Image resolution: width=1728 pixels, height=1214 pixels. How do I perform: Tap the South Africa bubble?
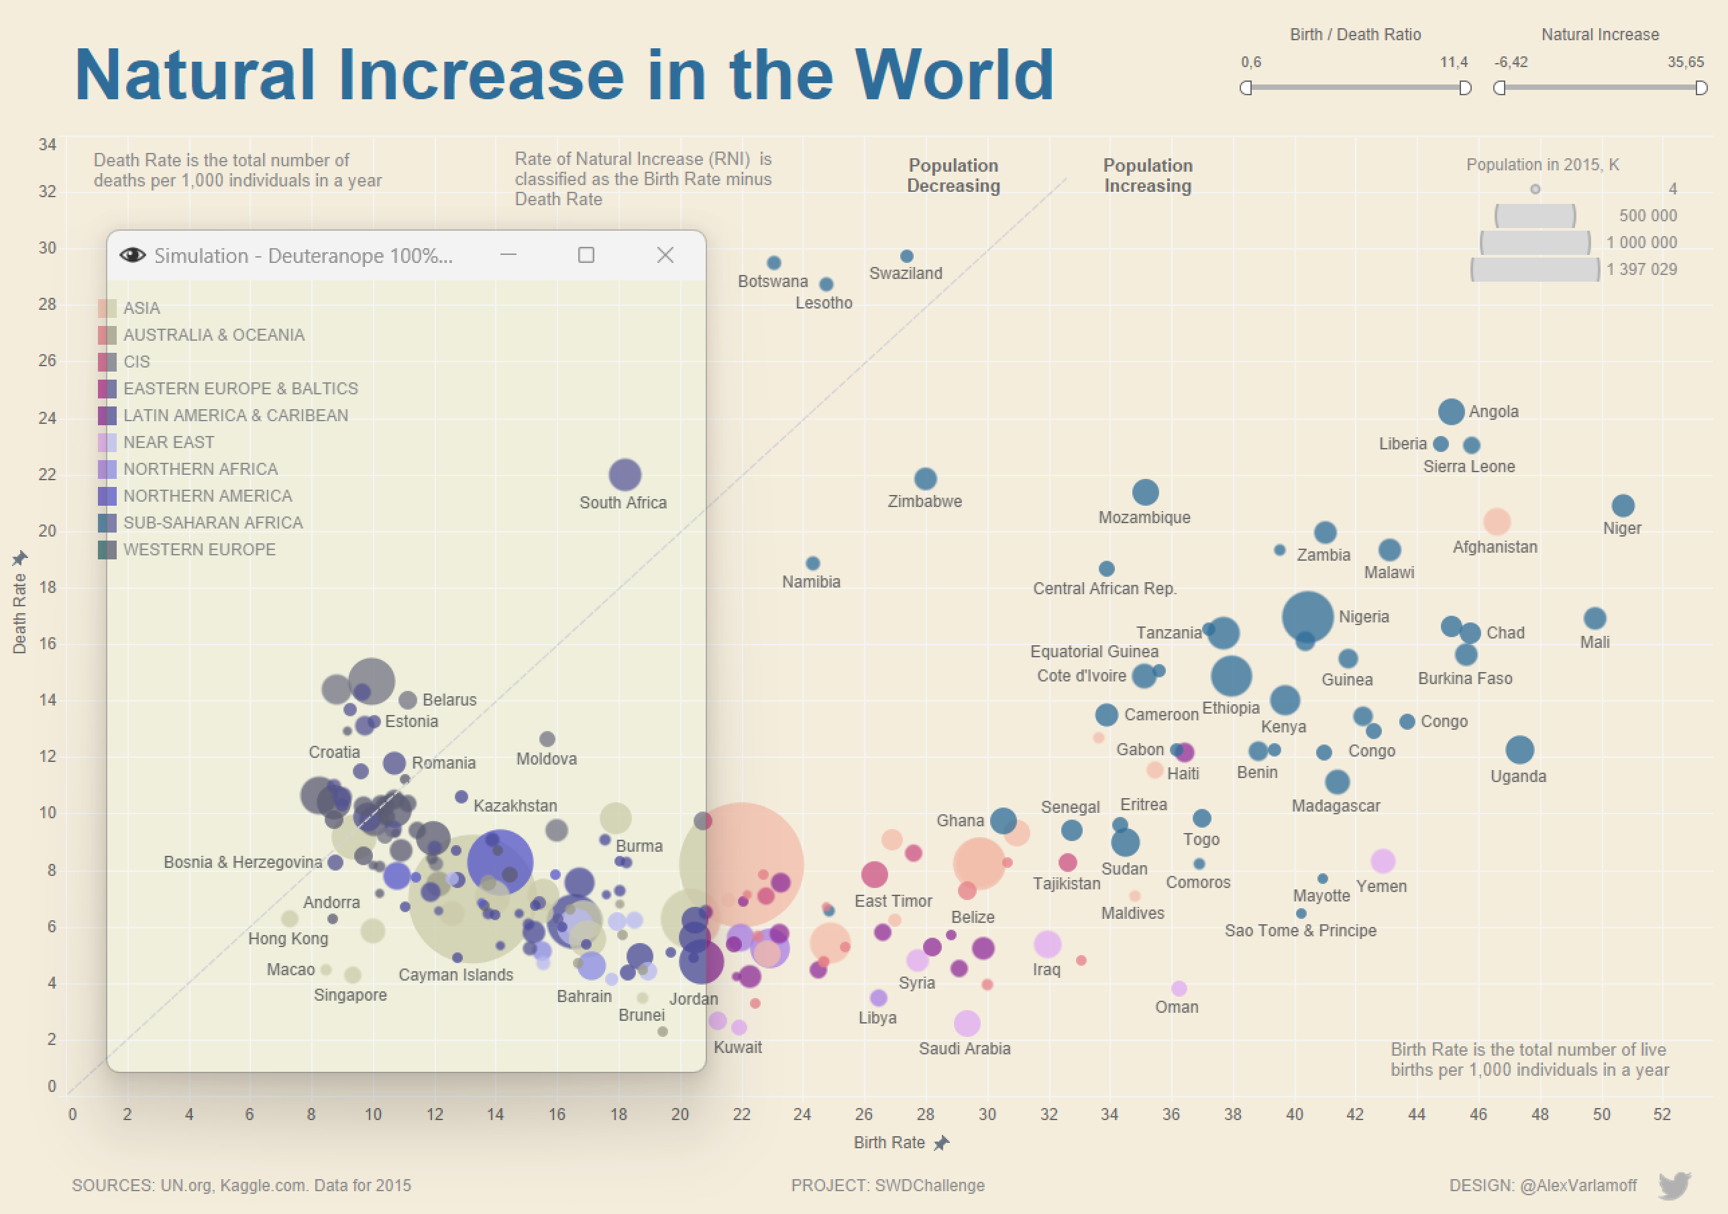coord(624,475)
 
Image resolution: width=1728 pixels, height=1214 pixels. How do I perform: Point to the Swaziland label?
coord(906,273)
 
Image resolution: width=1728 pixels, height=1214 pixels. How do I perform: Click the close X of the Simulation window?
coord(665,255)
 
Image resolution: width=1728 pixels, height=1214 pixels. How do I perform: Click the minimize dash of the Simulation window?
coord(508,255)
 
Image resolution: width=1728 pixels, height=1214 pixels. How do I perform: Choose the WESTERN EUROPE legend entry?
coord(199,549)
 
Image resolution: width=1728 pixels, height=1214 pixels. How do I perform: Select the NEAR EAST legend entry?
coord(168,443)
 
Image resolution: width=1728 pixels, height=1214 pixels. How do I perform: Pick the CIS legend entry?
coord(136,362)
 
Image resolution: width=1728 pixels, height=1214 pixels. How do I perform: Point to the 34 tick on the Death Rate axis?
coord(48,144)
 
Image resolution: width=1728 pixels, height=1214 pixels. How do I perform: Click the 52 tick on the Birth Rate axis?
coord(1662,1114)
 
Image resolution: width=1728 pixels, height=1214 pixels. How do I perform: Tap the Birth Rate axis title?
coord(889,1142)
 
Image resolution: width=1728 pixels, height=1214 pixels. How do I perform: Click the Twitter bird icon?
coord(1674,1184)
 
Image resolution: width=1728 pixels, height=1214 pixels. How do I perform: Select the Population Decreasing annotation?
coord(953,175)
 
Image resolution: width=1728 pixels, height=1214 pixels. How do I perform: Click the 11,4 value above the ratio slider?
coord(1453,62)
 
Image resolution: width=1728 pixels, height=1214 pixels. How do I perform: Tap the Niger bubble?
coord(1623,505)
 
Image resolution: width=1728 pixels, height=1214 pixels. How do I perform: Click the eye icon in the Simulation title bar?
coord(132,255)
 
